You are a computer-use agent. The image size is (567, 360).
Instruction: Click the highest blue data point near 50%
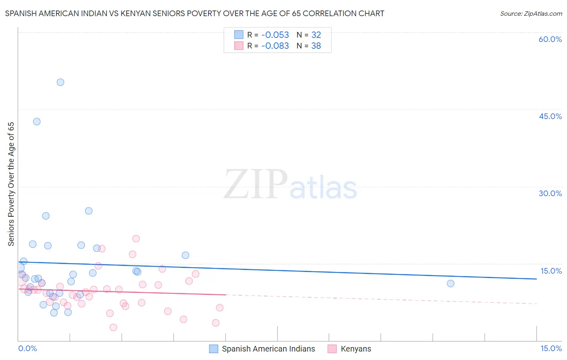(x=60, y=82)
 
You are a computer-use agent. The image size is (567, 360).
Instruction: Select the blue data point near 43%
(x=37, y=121)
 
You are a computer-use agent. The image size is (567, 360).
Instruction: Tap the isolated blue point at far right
(x=450, y=283)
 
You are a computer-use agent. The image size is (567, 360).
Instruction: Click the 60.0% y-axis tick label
(x=550, y=39)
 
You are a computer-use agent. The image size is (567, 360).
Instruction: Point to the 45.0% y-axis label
(x=550, y=116)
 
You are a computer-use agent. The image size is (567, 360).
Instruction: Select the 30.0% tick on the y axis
(x=550, y=193)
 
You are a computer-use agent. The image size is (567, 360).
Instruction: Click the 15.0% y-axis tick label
(x=551, y=271)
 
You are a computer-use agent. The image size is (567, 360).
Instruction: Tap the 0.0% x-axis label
(x=27, y=348)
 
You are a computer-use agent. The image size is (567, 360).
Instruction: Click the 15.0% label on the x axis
(x=551, y=348)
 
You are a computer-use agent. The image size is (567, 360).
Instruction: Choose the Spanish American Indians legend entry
(x=268, y=349)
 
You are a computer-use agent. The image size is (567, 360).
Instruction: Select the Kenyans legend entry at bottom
(x=356, y=349)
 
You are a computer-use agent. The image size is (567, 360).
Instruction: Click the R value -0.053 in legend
(x=275, y=35)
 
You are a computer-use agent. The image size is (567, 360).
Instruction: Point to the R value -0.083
(x=275, y=46)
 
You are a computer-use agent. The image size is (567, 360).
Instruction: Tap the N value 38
(x=316, y=46)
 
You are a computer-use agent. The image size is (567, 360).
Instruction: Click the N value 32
(x=316, y=35)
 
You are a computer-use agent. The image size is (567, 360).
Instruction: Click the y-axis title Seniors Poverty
(x=11, y=184)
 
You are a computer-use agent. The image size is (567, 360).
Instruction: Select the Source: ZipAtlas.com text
(x=531, y=14)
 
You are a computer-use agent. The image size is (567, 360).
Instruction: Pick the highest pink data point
(x=136, y=239)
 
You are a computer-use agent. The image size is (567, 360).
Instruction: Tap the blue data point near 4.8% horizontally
(x=186, y=255)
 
